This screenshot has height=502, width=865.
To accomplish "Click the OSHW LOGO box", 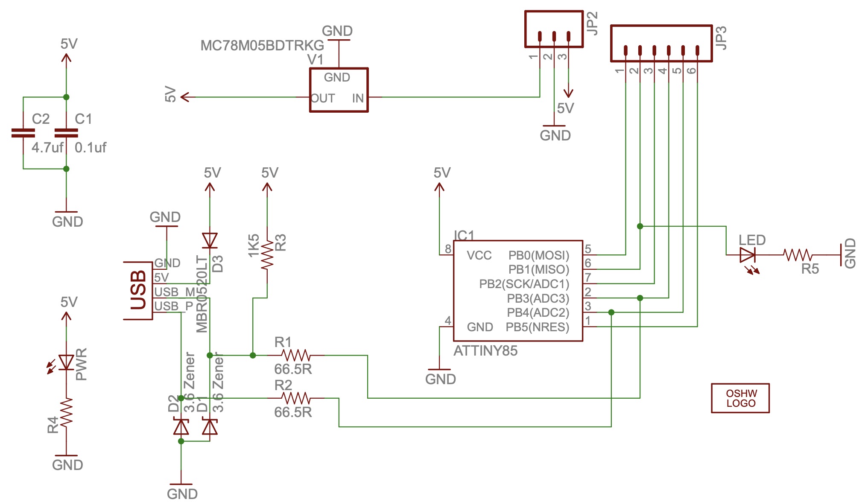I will pyautogui.click(x=740, y=398).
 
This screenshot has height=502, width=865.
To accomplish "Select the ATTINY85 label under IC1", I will pyautogui.click(x=485, y=351).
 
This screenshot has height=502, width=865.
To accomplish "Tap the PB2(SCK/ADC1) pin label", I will pyautogui.click(x=524, y=284).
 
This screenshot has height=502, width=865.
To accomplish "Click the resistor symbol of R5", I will pyautogui.click(x=798, y=255).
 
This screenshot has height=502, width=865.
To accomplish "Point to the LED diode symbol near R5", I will pyautogui.click(x=747, y=255).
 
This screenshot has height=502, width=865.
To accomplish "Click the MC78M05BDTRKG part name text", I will pyautogui.click(x=262, y=45).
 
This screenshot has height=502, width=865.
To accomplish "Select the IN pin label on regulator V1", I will pyautogui.click(x=358, y=99).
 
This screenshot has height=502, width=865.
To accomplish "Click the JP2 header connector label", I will pyautogui.click(x=592, y=23).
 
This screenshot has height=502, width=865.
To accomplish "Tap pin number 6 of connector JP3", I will pyautogui.click(x=692, y=70).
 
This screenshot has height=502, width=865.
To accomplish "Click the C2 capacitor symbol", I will pyautogui.click(x=23, y=133).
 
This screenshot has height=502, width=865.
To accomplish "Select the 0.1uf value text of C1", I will pyautogui.click(x=90, y=148).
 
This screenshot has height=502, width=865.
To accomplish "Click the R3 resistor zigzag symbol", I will pyautogui.click(x=267, y=255).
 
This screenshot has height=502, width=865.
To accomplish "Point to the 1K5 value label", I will pyautogui.click(x=254, y=245).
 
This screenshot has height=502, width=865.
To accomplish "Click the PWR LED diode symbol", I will pyautogui.click(x=66, y=362).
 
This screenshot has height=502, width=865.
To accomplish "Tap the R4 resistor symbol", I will pyautogui.click(x=66, y=412).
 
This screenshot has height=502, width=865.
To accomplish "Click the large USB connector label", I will pyautogui.click(x=138, y=290).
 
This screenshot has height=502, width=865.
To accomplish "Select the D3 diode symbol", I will pyautogui.click(x=210, y=240).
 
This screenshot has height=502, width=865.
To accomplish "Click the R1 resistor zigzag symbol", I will pyautogui.click(x=296, y=355).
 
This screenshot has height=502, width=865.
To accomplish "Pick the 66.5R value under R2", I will pyautogui.click(x=293, y=412).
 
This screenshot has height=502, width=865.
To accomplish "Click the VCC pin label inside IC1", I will pyautogui.click(x=479, y=256).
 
